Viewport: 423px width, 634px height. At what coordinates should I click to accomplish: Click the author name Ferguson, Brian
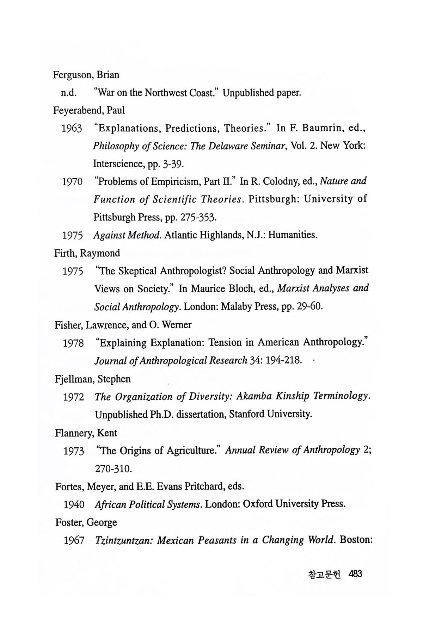point(86,75)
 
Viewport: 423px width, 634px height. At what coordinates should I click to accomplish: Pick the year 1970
point(72,182)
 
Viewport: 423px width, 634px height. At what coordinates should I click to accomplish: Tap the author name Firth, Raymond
point(87,253)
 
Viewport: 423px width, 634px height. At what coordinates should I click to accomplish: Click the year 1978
point(73,343)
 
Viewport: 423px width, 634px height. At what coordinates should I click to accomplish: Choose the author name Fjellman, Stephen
point(93,379)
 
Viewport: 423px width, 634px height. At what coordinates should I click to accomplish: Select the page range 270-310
point(109,469)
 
